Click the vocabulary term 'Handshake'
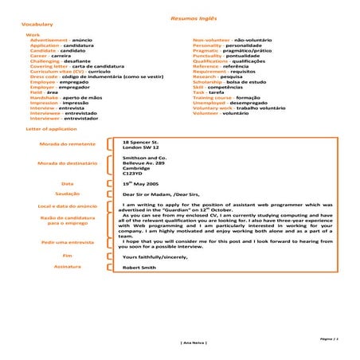pyautogui.click(x=44, y=97)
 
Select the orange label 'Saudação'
pyautogui.click(x=67, y=193)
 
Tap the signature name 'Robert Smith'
pyautogui.click(x=139, y=268)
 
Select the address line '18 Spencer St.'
pyautogui.click(x=141, y=141)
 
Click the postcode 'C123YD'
pyautogui.click(x=132, y=173)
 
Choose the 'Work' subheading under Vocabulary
pyautogui.click(x=33, y=35)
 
